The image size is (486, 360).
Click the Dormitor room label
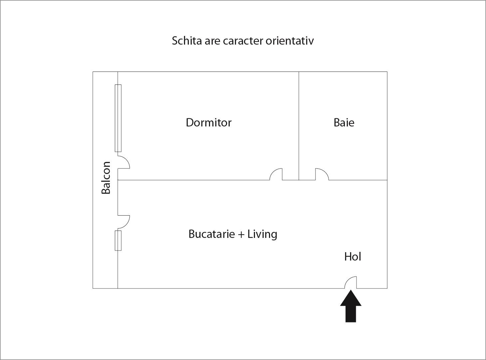(208, 122)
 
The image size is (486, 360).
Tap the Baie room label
(344, 122)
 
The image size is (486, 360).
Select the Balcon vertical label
(106, 177)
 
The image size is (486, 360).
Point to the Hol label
(353, 257)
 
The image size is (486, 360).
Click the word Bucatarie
(211, 234)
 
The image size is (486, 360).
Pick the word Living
(262, 234)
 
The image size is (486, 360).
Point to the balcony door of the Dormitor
(123, 162)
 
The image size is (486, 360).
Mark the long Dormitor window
(118, 118)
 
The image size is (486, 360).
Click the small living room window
(118, 240)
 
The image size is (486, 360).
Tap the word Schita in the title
(184, 41)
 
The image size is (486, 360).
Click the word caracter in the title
(243, 41)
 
